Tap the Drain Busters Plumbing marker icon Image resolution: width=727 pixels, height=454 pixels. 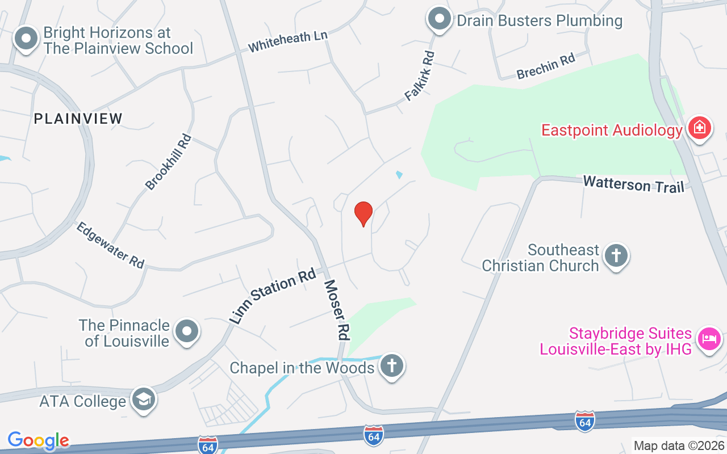[x=439, y=20]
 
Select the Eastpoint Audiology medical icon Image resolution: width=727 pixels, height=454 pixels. [x=699, y=128]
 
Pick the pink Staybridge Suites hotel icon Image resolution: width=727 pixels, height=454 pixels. [x=709, y=339]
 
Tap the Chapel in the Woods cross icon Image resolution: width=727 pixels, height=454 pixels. [x=391, y=365]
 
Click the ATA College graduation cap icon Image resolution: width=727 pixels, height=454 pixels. [x=144, y=399]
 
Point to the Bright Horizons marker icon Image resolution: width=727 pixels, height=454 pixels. [x=26, y=39]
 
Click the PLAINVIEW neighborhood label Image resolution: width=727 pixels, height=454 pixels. [x=78, y=119]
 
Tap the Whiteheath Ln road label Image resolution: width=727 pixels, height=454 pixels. [x=288, y=42]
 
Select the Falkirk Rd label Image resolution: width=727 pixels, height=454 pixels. [x=420, y=76]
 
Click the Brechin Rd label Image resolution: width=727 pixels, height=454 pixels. [x=546, y=66]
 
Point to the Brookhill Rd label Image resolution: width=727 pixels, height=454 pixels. [x=169, y=162]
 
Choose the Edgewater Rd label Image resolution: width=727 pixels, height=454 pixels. [x=111, y=245]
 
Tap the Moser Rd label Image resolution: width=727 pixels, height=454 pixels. [x=335, y=309]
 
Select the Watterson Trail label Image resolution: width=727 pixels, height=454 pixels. [x=634, y=184]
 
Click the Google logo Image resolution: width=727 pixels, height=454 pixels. [x=39, y=440]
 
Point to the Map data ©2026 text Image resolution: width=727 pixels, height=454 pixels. [x=679, y=445]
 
